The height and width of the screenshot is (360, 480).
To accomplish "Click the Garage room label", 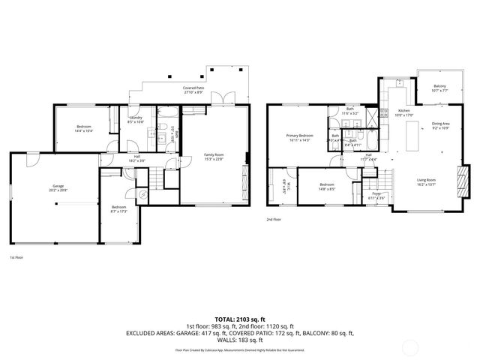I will tap(58, 185).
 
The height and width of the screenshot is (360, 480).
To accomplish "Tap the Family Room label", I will tap(214, 154).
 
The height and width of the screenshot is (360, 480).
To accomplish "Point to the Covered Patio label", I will tap(193, 88).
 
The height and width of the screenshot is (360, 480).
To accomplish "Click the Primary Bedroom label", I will tap(299, 135).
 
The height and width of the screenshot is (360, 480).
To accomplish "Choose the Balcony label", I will tap(440, 85).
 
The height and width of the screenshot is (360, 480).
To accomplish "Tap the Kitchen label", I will tap(405, 110).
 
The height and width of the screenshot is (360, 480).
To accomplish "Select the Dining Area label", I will tap(440, 124).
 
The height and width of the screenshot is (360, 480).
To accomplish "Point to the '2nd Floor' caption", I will tap(273, 220).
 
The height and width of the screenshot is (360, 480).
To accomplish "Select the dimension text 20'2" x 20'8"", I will tap(58, 190).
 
